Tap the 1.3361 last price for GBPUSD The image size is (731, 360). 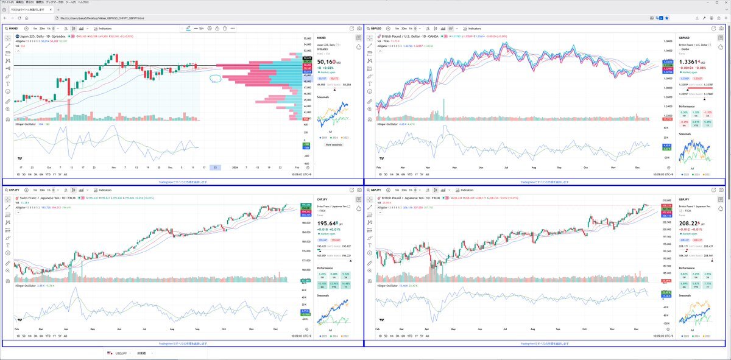tap(688, 62)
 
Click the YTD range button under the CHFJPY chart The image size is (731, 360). tap(47, 336)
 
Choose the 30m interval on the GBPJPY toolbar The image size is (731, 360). tap(404, 190)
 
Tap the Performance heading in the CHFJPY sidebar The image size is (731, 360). tap(325, 267)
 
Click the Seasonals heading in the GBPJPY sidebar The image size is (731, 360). tap(685, 295)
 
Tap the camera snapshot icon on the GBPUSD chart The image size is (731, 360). tap(722, 29)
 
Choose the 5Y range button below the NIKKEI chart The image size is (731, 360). tap(59, 174)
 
